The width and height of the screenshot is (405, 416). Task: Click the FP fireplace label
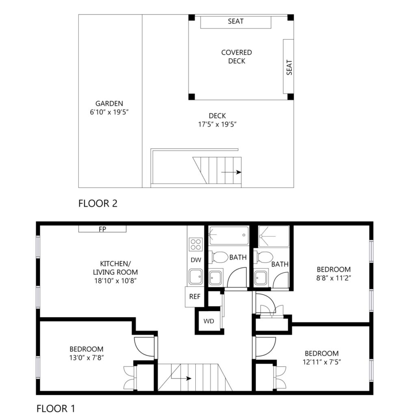(102, 229)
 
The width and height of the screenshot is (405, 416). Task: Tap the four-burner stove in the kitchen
(196, 244)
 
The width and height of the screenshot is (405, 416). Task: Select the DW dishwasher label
(196, 260)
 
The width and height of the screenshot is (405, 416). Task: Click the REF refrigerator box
(195, 297)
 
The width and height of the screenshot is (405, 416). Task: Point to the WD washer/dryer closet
(209, 321)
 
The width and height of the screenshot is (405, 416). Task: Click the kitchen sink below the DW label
(196, 276)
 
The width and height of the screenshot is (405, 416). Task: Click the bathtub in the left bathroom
(229, 235)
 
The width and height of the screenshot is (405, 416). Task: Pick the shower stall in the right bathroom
(274, 236)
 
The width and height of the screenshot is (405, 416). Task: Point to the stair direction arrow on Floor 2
(231, 172)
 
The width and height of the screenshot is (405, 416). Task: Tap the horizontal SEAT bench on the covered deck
(236, 22)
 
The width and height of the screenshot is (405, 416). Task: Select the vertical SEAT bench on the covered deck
(288, 66)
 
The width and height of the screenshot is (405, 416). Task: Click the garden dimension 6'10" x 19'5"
(109, 112)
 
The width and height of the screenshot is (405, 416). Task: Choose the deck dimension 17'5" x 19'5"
(217, 124)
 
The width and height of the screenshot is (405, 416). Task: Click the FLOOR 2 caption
(98, 204)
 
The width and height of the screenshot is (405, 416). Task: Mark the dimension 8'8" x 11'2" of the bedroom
(334, 278)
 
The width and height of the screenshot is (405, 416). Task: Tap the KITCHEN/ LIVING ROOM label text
(115, 268)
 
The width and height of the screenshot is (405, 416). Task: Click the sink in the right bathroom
(261, 278)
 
